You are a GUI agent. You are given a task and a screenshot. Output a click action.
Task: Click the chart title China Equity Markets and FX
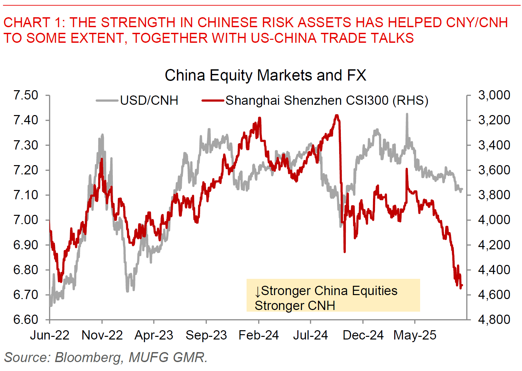coord(265,75)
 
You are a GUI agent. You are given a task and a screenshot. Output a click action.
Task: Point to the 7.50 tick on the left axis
coord(26,95)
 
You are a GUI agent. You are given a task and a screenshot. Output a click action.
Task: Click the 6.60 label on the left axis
coord(26,320)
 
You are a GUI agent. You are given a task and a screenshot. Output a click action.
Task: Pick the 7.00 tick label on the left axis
coord(26,220)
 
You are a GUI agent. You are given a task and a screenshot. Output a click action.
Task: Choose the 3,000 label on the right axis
coord(494,95)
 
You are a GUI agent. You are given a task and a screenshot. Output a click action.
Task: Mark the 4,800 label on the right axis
coord(494,320)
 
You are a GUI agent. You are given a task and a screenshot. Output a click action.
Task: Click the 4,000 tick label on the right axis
coord(494,220)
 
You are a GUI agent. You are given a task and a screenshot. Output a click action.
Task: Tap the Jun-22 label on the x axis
coord(50,335)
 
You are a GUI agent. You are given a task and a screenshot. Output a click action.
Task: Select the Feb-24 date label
coord(259,335)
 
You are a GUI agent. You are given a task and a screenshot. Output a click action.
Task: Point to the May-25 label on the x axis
coord(414,335)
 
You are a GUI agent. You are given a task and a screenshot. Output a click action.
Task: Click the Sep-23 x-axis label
coord(206,335)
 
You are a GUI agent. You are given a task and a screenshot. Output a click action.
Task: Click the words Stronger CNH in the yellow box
coord(295,306)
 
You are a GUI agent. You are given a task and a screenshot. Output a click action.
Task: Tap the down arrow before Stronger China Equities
coord(258,292)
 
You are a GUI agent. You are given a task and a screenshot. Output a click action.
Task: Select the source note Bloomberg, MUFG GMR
coord(131,357)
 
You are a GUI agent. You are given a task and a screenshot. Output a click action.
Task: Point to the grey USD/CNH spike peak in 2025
coord(407,114)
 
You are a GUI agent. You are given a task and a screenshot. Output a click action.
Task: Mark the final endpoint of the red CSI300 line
coord(462,285)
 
